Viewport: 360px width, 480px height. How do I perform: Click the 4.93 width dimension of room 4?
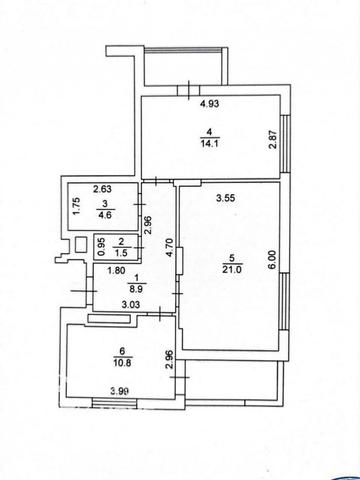209,104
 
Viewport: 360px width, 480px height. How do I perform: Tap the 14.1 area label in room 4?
209,144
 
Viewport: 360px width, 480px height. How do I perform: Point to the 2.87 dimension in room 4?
273,141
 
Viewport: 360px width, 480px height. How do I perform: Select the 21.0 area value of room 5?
232,270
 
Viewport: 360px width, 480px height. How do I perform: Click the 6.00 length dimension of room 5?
273,260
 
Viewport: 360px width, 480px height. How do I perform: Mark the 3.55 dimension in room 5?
226,198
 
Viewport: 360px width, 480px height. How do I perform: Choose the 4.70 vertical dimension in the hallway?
170,247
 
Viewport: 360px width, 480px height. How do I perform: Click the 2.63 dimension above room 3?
102,189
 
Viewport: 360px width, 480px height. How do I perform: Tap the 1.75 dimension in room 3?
76,207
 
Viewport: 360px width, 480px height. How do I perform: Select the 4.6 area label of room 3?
104,214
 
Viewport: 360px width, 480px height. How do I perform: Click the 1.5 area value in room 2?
121,253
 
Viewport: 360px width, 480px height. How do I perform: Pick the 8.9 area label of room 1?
136,289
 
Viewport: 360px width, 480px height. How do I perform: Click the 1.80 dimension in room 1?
116,270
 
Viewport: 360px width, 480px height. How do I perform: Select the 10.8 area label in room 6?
122,363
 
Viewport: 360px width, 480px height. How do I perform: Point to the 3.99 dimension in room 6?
120,391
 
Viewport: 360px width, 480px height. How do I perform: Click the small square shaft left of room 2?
80,244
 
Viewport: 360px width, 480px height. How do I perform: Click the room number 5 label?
232,257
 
